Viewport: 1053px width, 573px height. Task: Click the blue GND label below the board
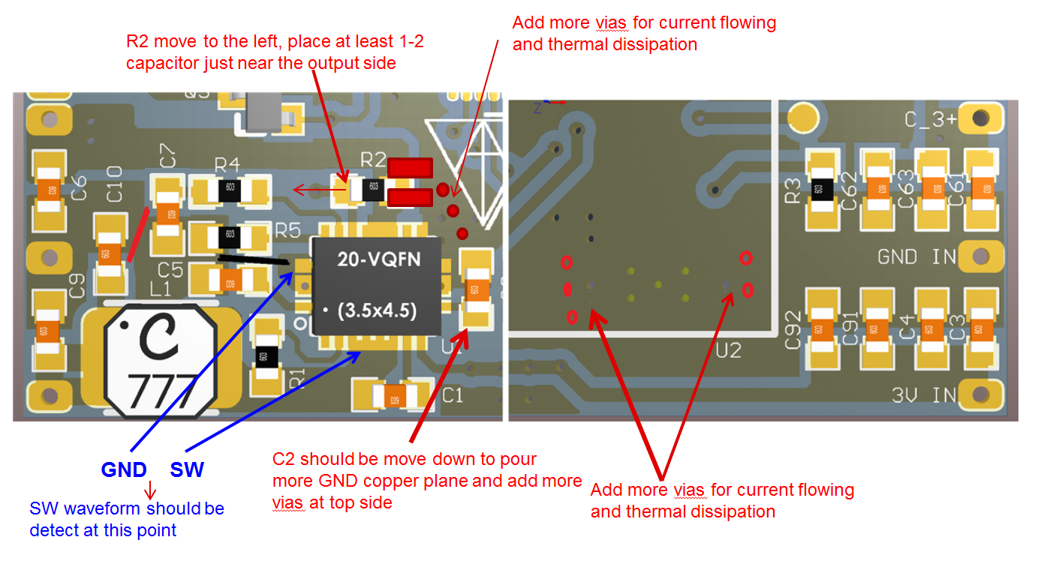click(124, 470)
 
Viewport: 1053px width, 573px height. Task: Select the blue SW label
click(187, 470)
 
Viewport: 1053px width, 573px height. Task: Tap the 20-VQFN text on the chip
click(378, 260)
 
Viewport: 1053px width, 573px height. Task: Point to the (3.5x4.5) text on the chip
click(378, 310)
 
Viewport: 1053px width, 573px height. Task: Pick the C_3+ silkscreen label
click(929, 120)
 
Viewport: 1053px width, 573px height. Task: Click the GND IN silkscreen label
click(917, 257)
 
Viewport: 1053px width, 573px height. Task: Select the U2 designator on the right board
click(729, 350)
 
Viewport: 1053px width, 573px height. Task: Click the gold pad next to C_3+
click(980, 118)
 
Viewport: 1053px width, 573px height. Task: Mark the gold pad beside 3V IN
click(980, 394)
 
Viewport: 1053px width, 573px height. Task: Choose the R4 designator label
click(227, 164)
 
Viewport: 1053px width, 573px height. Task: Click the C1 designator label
click(453, 395)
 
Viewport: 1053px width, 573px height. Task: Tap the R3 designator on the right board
click(793, 192)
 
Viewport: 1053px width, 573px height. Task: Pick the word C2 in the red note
click(284, 459)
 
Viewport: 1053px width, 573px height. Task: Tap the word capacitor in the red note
click(162, 63)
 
